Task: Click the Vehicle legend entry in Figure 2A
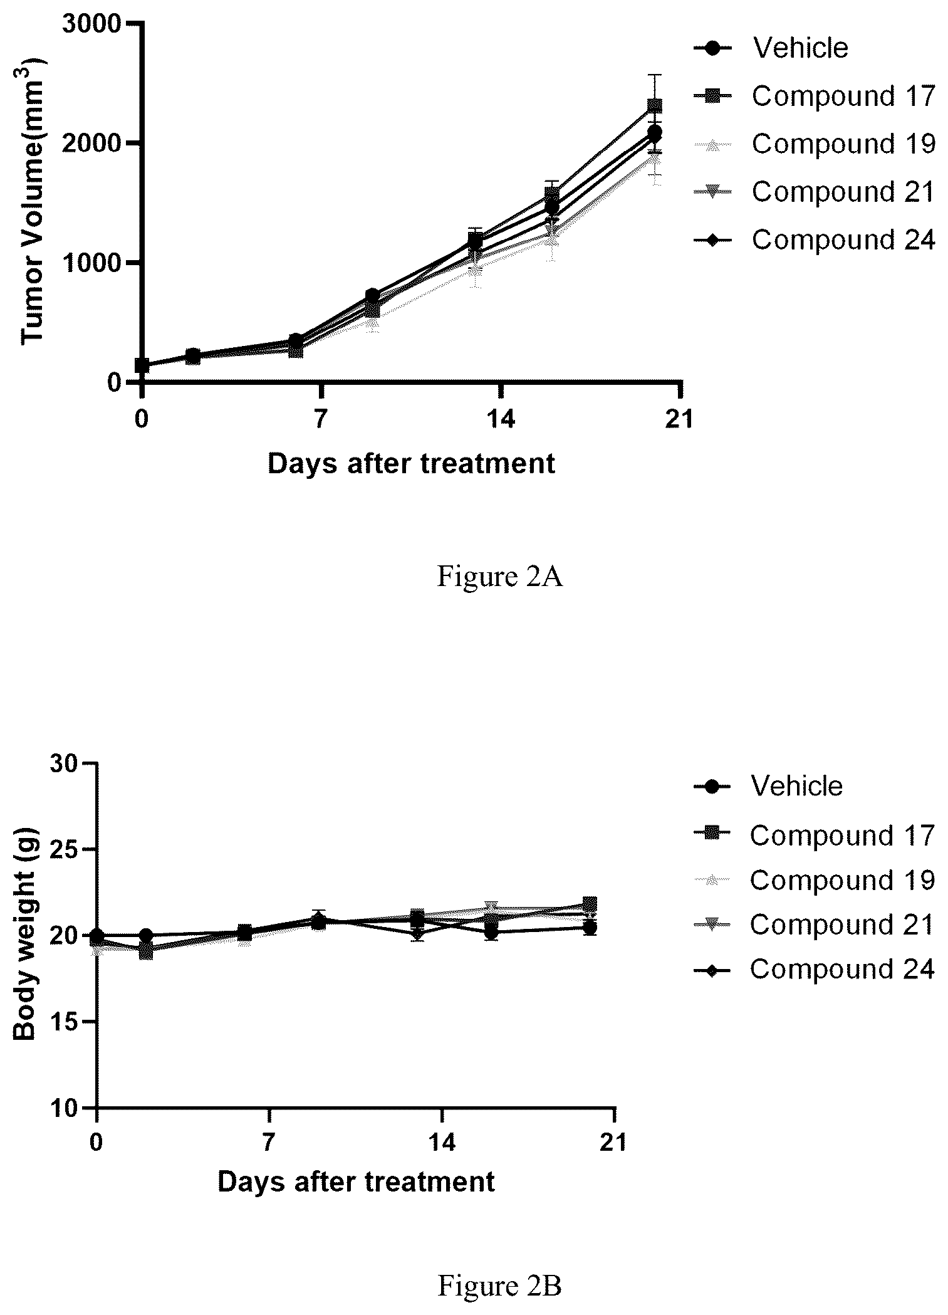point(800,48)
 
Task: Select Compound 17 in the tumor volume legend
point(843,96)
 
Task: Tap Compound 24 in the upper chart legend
point(843,239)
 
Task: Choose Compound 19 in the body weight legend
point(842,880)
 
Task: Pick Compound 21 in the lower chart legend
point(842,925)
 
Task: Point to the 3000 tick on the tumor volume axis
point(92,24)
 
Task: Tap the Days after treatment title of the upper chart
point(412,464)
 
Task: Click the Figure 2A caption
point(499,577)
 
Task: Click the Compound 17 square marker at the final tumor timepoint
point(655,106)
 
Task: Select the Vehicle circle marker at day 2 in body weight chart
point(146,936)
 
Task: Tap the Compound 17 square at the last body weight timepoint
point(590,904)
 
